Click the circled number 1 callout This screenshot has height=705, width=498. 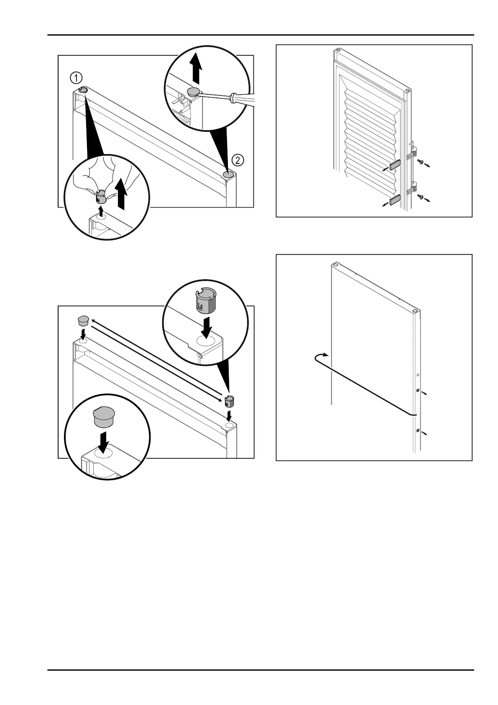click(76, 78)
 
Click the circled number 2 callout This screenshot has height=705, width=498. click(237, 160)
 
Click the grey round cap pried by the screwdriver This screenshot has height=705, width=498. click(194, 92)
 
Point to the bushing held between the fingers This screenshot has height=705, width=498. click(100, 196)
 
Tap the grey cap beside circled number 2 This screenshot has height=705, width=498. click(228, 174)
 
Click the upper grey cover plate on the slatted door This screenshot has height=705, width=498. click(395, 165)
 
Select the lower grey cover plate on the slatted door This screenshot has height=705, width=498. click(395, 201)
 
